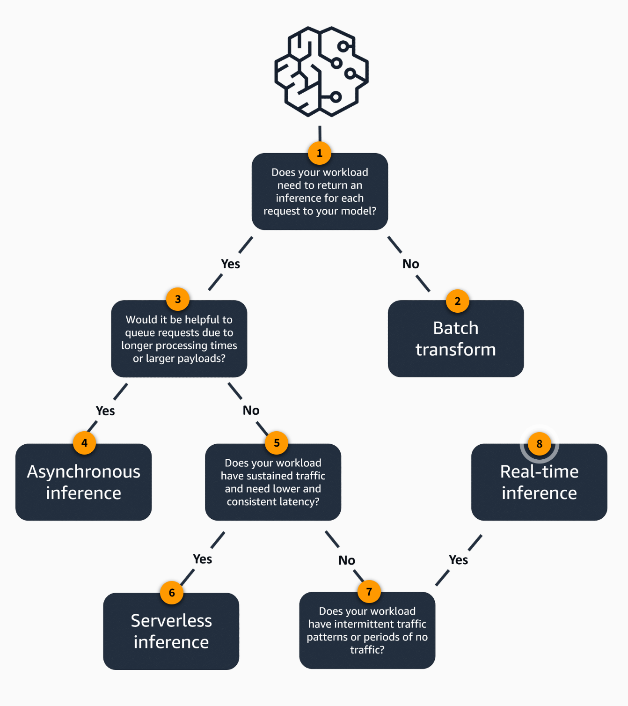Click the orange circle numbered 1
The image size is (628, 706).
320,153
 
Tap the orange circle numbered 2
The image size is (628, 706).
457,301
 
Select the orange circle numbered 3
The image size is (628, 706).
178,299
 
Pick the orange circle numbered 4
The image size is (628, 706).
84,443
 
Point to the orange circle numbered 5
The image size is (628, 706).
277,443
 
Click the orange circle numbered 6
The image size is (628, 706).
172,593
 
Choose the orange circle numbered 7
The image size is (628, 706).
369,592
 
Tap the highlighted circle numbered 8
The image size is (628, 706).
539,444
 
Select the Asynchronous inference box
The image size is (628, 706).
83,483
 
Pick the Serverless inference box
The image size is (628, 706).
171,632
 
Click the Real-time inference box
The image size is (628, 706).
539,483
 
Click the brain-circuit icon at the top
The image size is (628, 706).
321,71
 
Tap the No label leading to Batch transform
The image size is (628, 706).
410,264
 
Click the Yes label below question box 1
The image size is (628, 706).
230,264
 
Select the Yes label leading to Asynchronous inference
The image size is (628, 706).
105,411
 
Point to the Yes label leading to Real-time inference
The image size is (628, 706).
458,560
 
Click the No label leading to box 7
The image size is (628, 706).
347,560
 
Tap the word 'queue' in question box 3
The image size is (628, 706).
139,333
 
